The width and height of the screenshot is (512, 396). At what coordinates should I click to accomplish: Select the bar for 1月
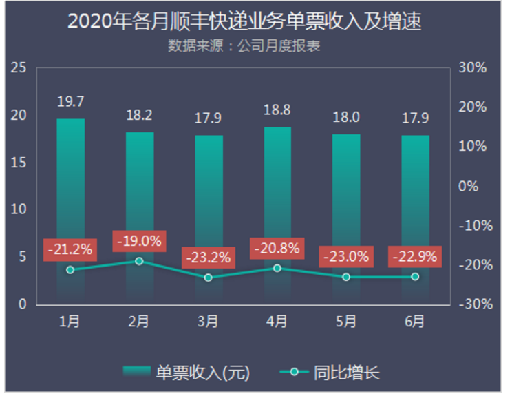[70, 207]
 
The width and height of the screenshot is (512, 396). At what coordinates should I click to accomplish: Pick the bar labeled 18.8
[277, 207]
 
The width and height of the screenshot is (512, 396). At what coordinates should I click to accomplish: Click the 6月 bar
[415, 213]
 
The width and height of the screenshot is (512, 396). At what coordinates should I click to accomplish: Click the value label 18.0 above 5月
[346, 117]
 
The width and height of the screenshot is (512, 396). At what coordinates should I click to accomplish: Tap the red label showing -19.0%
[139, 242]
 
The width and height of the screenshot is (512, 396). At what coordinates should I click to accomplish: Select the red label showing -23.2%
[209, 258]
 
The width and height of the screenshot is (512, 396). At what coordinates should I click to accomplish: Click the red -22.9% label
[414, 258]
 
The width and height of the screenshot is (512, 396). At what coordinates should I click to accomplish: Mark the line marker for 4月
[277, 268]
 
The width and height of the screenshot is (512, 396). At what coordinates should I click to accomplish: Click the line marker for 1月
[70, 270]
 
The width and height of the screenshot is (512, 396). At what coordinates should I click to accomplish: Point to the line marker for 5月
[346, 277]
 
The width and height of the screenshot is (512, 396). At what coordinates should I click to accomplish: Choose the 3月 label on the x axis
[208, 321]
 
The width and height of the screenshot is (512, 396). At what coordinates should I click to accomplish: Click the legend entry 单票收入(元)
[186, 373]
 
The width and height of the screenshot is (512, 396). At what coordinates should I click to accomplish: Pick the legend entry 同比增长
[330, 373]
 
